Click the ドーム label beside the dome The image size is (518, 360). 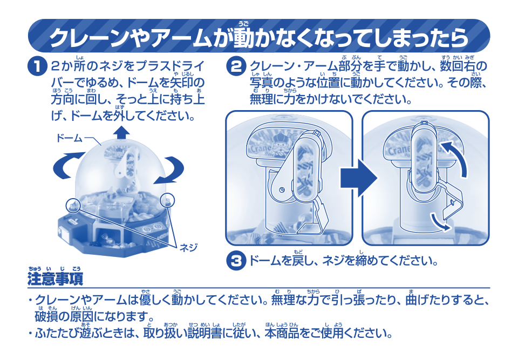(69, 139)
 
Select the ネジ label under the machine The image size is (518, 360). (188, 248)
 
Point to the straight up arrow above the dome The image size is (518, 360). (122, 133)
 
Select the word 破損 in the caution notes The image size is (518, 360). (45, 315)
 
